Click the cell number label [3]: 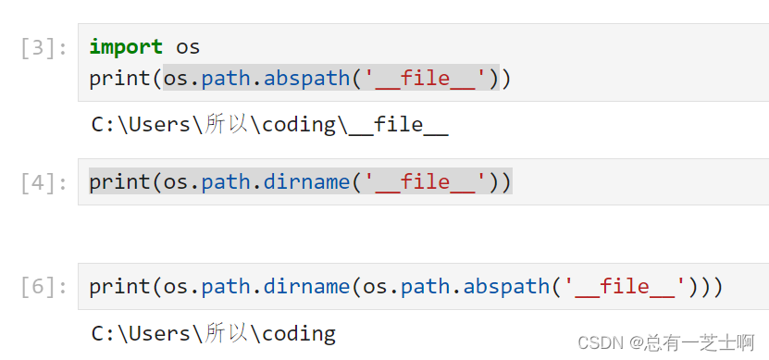43,47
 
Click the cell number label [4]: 43,182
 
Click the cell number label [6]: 43,287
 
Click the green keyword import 126,46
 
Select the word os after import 188,46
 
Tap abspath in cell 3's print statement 306,79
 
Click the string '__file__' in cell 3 425,79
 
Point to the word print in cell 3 119,79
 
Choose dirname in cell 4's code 306,182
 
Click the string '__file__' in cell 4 425,182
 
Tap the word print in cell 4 119,182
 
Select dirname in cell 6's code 306,287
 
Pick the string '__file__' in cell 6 625,287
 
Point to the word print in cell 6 119,287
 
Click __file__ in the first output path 398,125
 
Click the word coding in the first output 298,125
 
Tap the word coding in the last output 298,333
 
